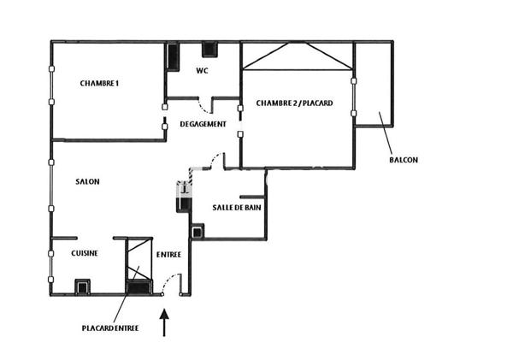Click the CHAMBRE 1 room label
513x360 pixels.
click(99, 84)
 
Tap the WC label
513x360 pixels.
click(202, 71)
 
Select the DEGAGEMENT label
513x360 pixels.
click(203, 124)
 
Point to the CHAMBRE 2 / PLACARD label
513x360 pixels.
click(294, 103)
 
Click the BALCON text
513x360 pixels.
click(404, 160)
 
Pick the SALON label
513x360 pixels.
click(87, 181)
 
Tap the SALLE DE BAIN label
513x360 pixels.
click(237, 208)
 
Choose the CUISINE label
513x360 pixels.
click(85, 253)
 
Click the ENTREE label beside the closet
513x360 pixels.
click(168, 255)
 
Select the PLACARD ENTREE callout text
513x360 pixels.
click(110, 328)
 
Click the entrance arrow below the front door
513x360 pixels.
click(164, 322)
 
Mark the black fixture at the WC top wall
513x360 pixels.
click(209, 50)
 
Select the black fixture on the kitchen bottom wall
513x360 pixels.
click(82, 287)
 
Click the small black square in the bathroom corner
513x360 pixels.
click(198, 232)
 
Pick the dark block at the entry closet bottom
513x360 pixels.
click(139, 287)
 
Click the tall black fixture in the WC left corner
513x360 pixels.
click(173, 56)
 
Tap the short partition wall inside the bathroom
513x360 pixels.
click(252, 197)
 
